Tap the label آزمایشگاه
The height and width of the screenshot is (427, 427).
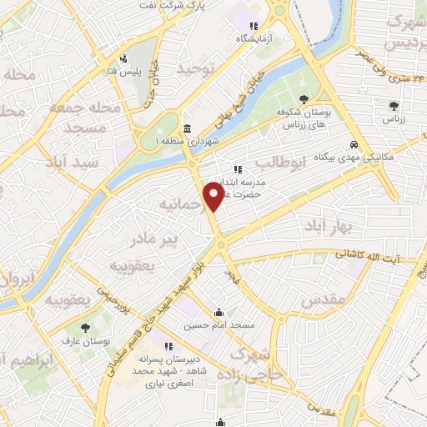pyautogui.click(x=253, y=39)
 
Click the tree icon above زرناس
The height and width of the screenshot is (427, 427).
pyautogui.click(x=394, y=106)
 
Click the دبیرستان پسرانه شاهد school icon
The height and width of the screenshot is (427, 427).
pyautogui.click(x=169, y=346)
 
